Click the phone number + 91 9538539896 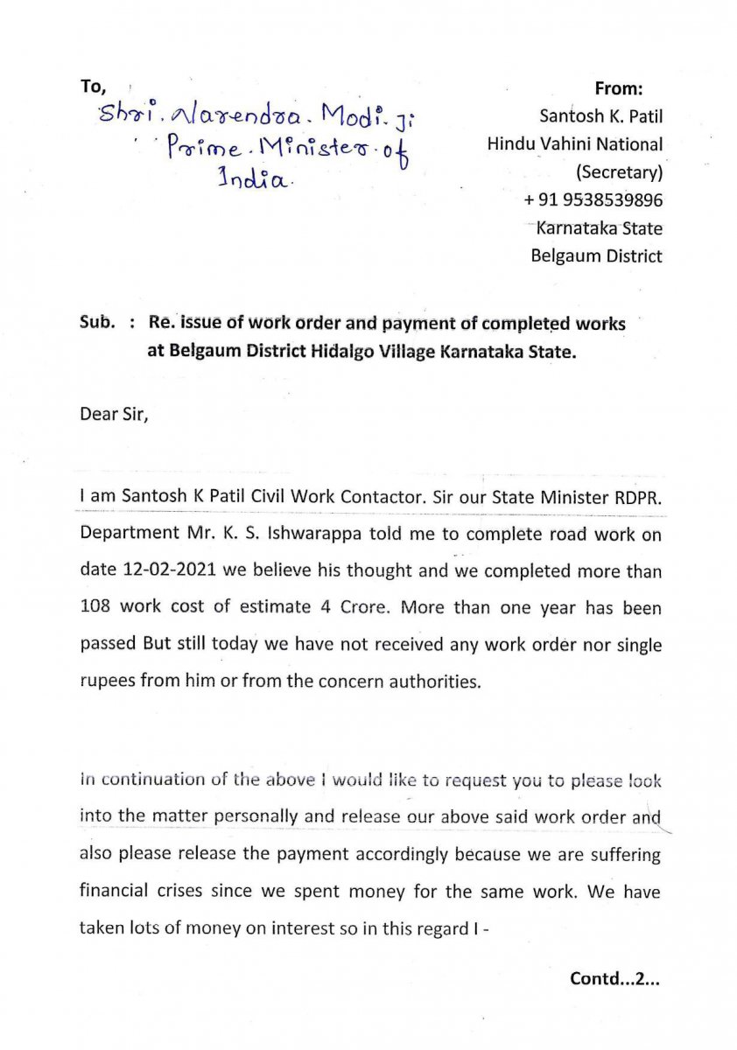[x=593, y=200]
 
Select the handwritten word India [x=253, y=180]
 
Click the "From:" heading [x=619, y=88]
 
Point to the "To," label [x=93, y=87]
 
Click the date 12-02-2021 [x=135, y=571]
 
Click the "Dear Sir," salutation [x=114, y=414]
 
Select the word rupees [x=107, y=681]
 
